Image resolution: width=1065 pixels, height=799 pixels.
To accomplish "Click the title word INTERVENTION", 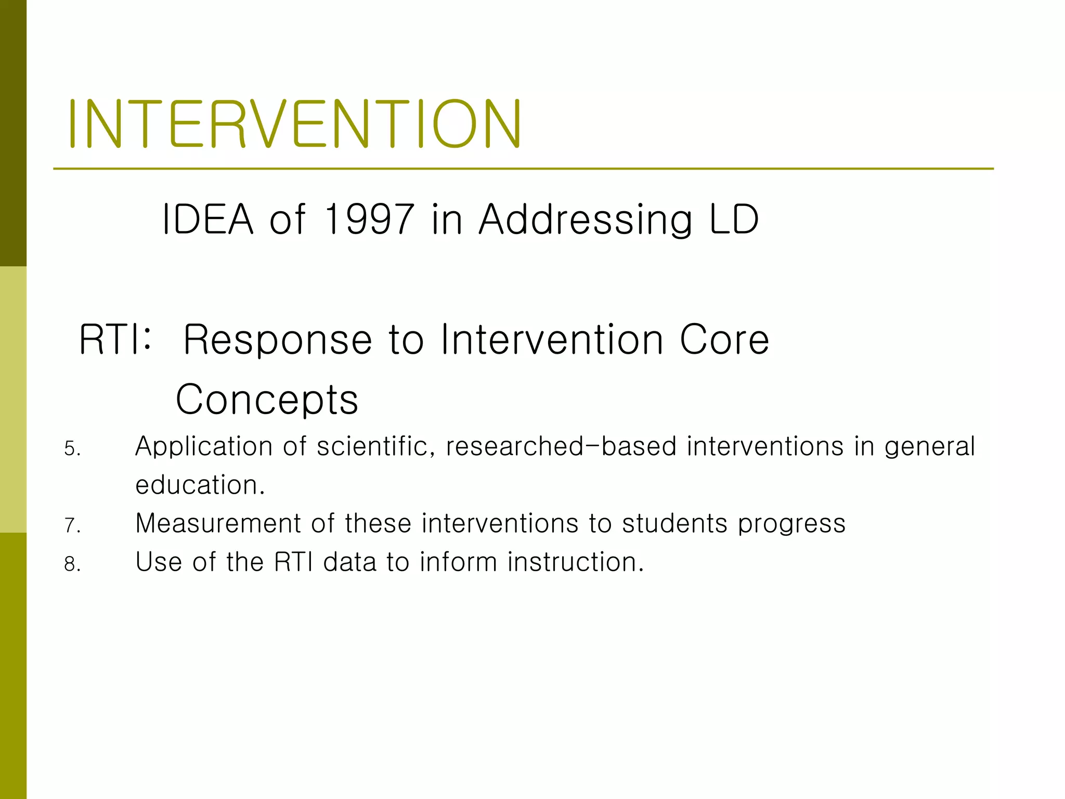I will click(x=294, y=124).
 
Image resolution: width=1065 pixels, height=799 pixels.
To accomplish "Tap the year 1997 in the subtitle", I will click(x=369, y=219).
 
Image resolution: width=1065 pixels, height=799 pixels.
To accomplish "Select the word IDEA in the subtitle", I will click(x=207, y=219).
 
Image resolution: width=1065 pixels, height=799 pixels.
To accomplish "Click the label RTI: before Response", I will click(x=115, y=340).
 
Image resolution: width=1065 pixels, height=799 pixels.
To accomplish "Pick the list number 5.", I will click(x=72, y=448).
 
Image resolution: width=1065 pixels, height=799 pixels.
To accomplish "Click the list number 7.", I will click(x=72, y=525).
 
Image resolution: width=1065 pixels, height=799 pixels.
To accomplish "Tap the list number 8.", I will click(x=72, y=564).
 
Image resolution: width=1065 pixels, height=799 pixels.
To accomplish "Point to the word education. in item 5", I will click(x=200, y=485).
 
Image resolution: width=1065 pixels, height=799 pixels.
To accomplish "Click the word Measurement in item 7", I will click(x=218, y=523).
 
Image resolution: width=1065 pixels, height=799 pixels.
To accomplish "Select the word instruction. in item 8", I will click(x=576, y=562).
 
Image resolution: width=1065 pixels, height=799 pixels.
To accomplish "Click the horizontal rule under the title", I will click(x=523, y=169).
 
